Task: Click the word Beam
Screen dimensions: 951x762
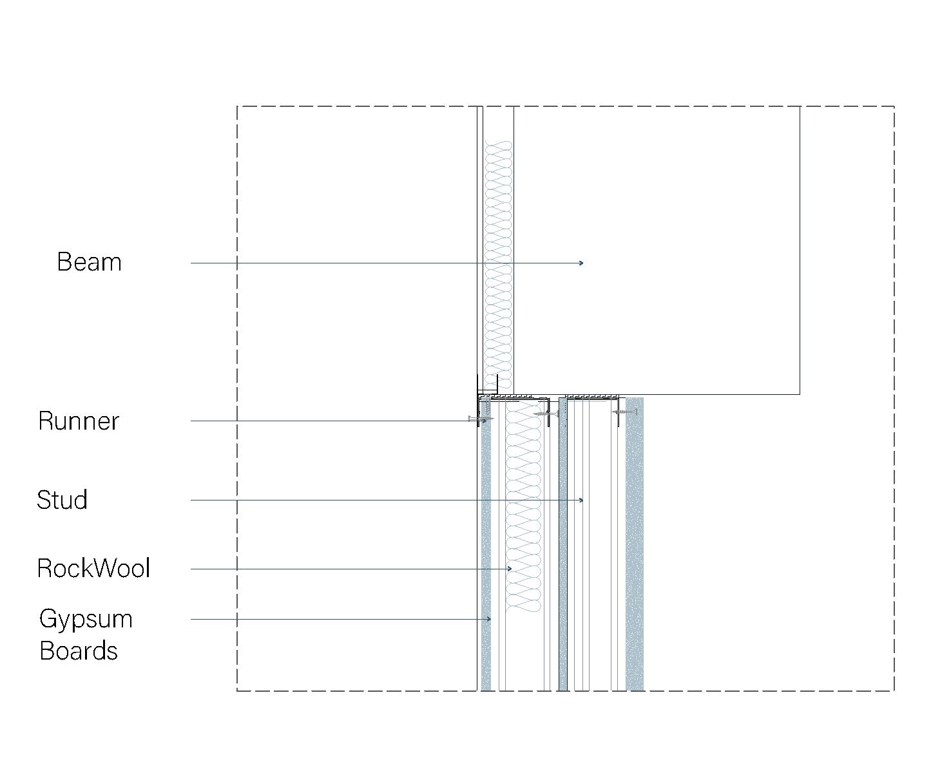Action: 89,262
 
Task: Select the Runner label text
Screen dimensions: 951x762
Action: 79,421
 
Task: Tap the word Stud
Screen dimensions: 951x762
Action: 62,500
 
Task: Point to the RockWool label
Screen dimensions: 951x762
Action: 93,568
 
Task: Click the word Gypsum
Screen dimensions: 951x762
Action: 86,619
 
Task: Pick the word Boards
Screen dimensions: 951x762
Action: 79,651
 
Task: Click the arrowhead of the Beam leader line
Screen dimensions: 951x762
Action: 582,263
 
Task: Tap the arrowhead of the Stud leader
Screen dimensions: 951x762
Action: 582,500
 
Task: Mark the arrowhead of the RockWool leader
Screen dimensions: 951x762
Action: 510,569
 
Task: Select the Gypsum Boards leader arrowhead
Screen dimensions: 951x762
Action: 490,619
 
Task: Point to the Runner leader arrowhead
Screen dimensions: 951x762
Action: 485,421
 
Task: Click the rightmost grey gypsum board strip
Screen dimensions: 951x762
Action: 635,548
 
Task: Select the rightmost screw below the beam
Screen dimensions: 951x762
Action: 624,411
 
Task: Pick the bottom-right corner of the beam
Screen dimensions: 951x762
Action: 800,394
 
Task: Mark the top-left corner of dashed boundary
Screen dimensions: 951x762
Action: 237,106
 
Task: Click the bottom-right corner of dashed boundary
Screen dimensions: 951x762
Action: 894,691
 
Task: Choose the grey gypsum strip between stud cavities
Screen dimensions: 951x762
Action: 563,548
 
